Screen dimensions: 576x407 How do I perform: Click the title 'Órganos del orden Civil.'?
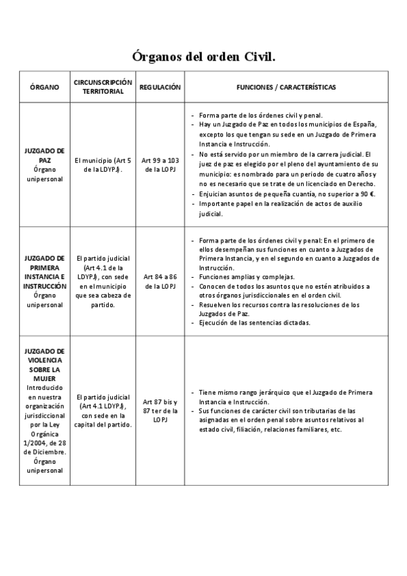pyautogui.click(x=203, y=56)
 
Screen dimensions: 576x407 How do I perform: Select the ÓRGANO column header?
pyautogui.click(x=45, y=88)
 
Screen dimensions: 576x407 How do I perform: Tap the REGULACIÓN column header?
pyautogui.click(x=160, y=88)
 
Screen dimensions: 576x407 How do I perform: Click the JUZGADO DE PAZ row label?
pyautogui.click(x=45, y=155)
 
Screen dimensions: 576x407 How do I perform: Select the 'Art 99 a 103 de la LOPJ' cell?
pyautogui.click(x=160, y=164)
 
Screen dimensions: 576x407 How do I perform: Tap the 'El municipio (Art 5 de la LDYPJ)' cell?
pyautogui.click(x=103, y=164)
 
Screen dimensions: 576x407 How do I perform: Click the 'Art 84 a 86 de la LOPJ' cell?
pyautogui.click(x=160, y=282)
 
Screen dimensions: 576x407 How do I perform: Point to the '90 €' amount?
pyautogui.click(x=367, y=194)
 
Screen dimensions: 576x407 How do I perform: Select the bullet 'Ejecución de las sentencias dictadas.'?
pyautogui.click(x=255, y=323)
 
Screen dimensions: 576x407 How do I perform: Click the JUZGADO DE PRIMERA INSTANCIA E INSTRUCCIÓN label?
pyautogui.click(x=45, y=272)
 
